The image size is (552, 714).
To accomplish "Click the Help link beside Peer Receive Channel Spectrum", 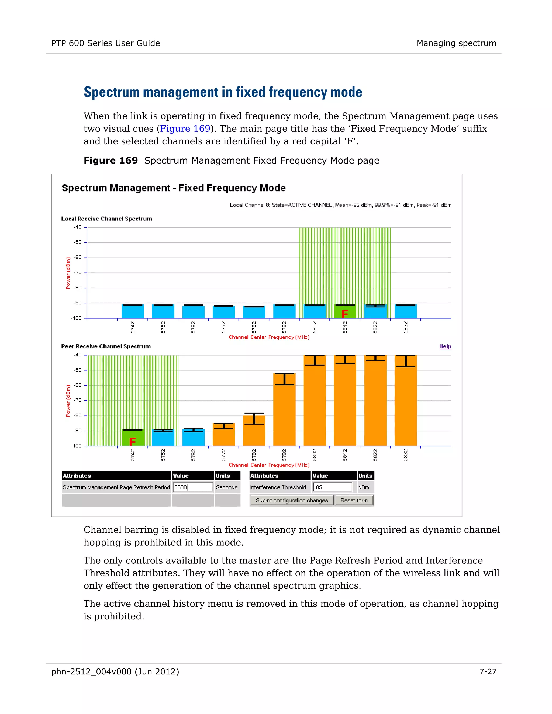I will tap(445, 346).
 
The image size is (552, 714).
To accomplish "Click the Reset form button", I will tap(354, 501).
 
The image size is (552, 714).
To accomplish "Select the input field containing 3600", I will tap(193, 487).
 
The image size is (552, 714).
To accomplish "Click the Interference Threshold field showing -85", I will tap(332, 487).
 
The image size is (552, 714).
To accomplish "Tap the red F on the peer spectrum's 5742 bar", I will tap(132, 442).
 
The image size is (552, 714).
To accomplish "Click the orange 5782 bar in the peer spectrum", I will tap(254, 432).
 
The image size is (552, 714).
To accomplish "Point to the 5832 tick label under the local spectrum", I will tap(405, 327).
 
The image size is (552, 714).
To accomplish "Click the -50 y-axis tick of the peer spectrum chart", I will tap(78, 370).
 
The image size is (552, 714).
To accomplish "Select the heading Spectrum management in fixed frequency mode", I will tap(223, 92).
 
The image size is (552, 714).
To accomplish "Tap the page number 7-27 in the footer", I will tap(488, 671).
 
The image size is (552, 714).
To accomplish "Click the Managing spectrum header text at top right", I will tap(456, 43).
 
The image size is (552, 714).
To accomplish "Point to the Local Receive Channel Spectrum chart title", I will tap(107, 219).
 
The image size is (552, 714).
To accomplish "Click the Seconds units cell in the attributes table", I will tap(227, 487).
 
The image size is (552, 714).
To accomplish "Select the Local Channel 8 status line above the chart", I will tap(340, 205).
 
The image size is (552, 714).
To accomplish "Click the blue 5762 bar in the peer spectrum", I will tap(193, 438).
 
